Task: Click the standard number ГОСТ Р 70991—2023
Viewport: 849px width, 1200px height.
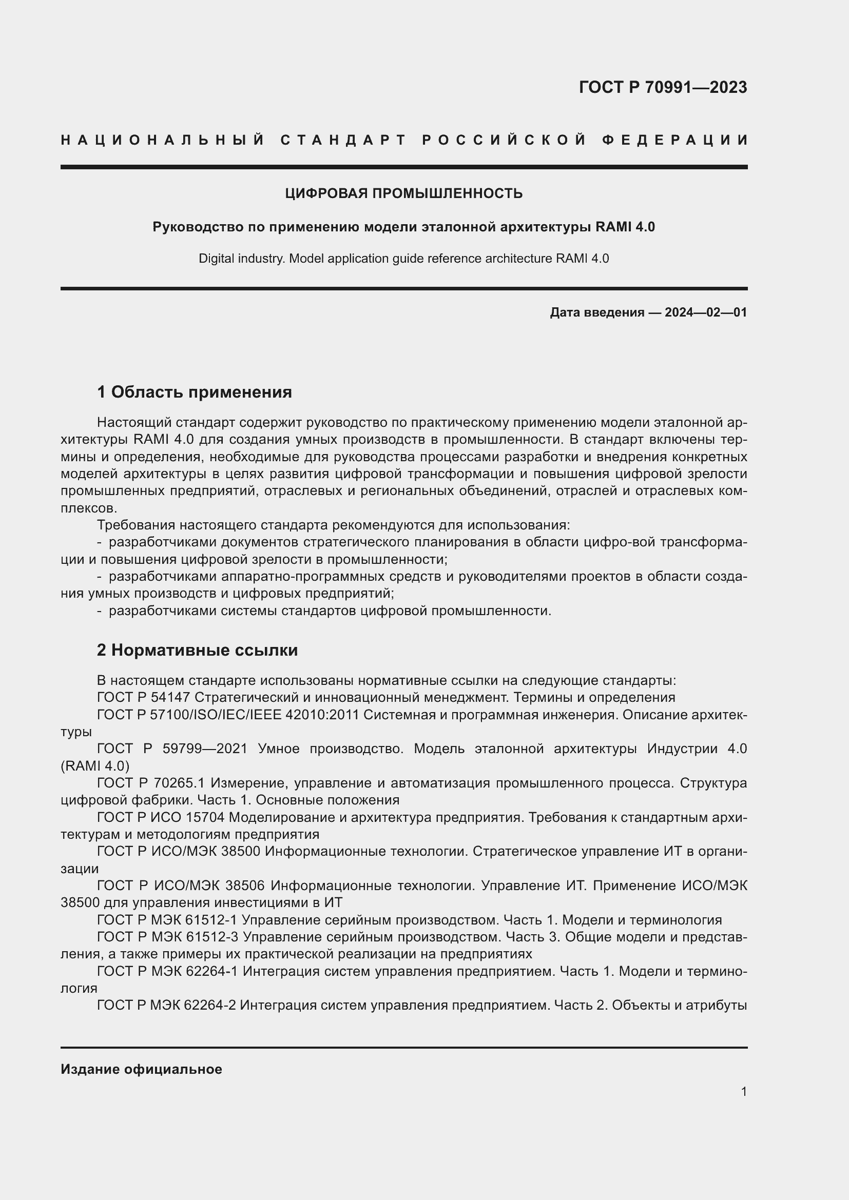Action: click(x=662, y=87)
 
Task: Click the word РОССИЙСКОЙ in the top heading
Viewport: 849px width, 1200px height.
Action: click(x=505, y=140)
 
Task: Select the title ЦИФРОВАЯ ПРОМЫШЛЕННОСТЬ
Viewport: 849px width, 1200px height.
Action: click(x=403, y=193)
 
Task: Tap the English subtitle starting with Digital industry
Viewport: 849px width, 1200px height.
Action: click(x=403, y=258)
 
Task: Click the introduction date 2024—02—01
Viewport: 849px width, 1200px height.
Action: click(x=706, y=312)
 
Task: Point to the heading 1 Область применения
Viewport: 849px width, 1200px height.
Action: click(x=195, y=391)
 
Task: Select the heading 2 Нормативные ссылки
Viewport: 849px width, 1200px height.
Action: click(x=197, y=650)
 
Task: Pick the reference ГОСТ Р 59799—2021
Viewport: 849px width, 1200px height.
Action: click(x=172, y=749)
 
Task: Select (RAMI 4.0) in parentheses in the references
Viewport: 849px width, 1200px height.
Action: click(x=94, y=765)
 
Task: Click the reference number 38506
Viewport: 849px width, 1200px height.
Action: click(x=245, y=886)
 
